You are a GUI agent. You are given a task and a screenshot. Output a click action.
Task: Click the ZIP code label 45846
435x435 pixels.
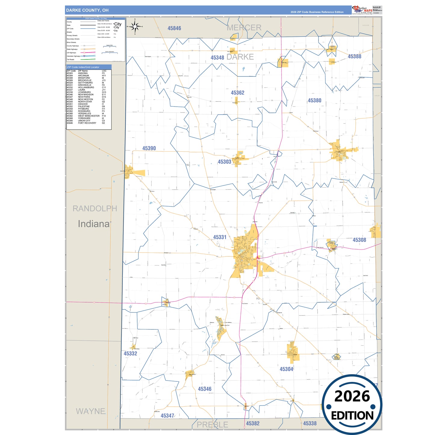coord(174,28)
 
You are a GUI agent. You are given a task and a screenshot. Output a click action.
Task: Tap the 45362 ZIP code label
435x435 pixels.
coord(238,93)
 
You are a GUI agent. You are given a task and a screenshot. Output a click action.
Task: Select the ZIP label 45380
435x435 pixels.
coord(314,101)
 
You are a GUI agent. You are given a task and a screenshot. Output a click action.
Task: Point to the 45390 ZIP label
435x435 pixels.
coord(149,148)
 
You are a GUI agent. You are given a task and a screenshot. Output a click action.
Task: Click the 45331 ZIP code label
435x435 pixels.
coord(220,237)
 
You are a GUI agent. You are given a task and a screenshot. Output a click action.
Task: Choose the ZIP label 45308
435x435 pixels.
coord(359,240)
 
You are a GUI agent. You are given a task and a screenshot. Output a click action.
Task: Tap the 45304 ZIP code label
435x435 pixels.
coord(286,369)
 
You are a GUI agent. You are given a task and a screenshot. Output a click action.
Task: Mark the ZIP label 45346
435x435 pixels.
coord(205,389)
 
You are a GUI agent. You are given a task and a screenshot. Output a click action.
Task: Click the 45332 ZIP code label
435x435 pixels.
coord(130,353)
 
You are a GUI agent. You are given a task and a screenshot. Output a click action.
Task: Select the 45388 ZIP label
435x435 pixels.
coord(354,56)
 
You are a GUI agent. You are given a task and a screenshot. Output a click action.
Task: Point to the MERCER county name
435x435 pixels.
coord(244,28)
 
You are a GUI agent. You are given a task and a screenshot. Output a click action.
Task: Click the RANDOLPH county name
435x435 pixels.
coord(95,208)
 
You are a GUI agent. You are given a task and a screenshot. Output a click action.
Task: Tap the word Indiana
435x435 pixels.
coord(94,224)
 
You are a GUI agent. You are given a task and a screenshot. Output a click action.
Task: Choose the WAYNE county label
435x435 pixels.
coord(91,411)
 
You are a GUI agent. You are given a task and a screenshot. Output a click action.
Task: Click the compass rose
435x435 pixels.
coord(135,27)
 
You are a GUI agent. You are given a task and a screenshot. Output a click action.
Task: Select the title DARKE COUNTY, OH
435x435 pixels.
coord(87,10)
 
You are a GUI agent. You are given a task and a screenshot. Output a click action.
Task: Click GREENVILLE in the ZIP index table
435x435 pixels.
coord(85,85)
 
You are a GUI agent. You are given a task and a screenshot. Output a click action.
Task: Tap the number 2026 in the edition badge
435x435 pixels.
coord(352,396)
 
